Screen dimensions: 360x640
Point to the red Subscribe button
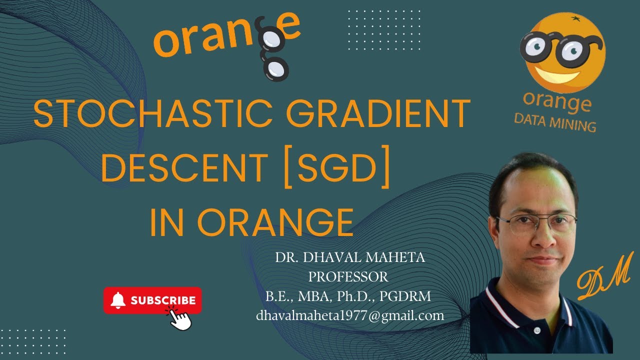coord(152,300)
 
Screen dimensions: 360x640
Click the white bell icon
coord(118,300)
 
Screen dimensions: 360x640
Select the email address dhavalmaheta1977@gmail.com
coord(350,315)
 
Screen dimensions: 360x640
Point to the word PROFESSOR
coord(348,276)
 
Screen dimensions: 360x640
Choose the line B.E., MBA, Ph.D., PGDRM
coord(348,296)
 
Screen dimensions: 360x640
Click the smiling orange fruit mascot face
coord(563,53)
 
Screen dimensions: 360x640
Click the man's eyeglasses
coord(536,223)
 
